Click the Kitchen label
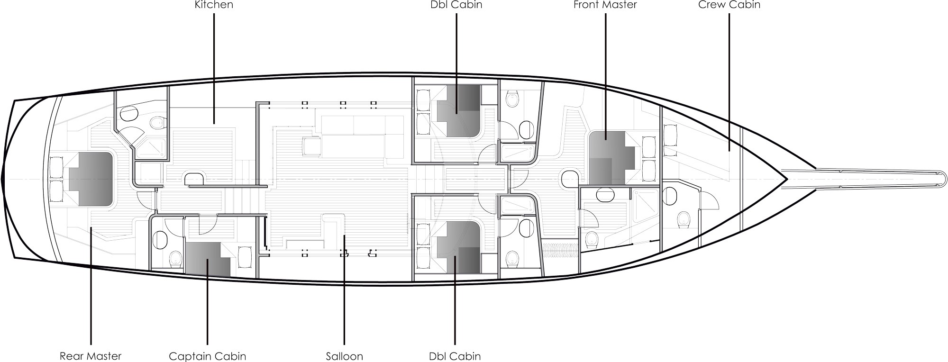tap(214, 5)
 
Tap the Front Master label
tap(605, 5)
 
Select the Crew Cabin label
tap(729, 5)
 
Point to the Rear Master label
tap(91, 356)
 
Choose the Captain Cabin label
tap(208, 356)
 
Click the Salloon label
tap(345, 356)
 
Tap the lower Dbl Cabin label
tap(455, 356)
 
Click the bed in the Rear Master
tap(91, 179)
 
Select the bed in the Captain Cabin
tap(208, 259)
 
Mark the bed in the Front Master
tap(612, 158)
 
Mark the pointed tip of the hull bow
tap(787, 179)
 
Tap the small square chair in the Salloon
tap(311, 145)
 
